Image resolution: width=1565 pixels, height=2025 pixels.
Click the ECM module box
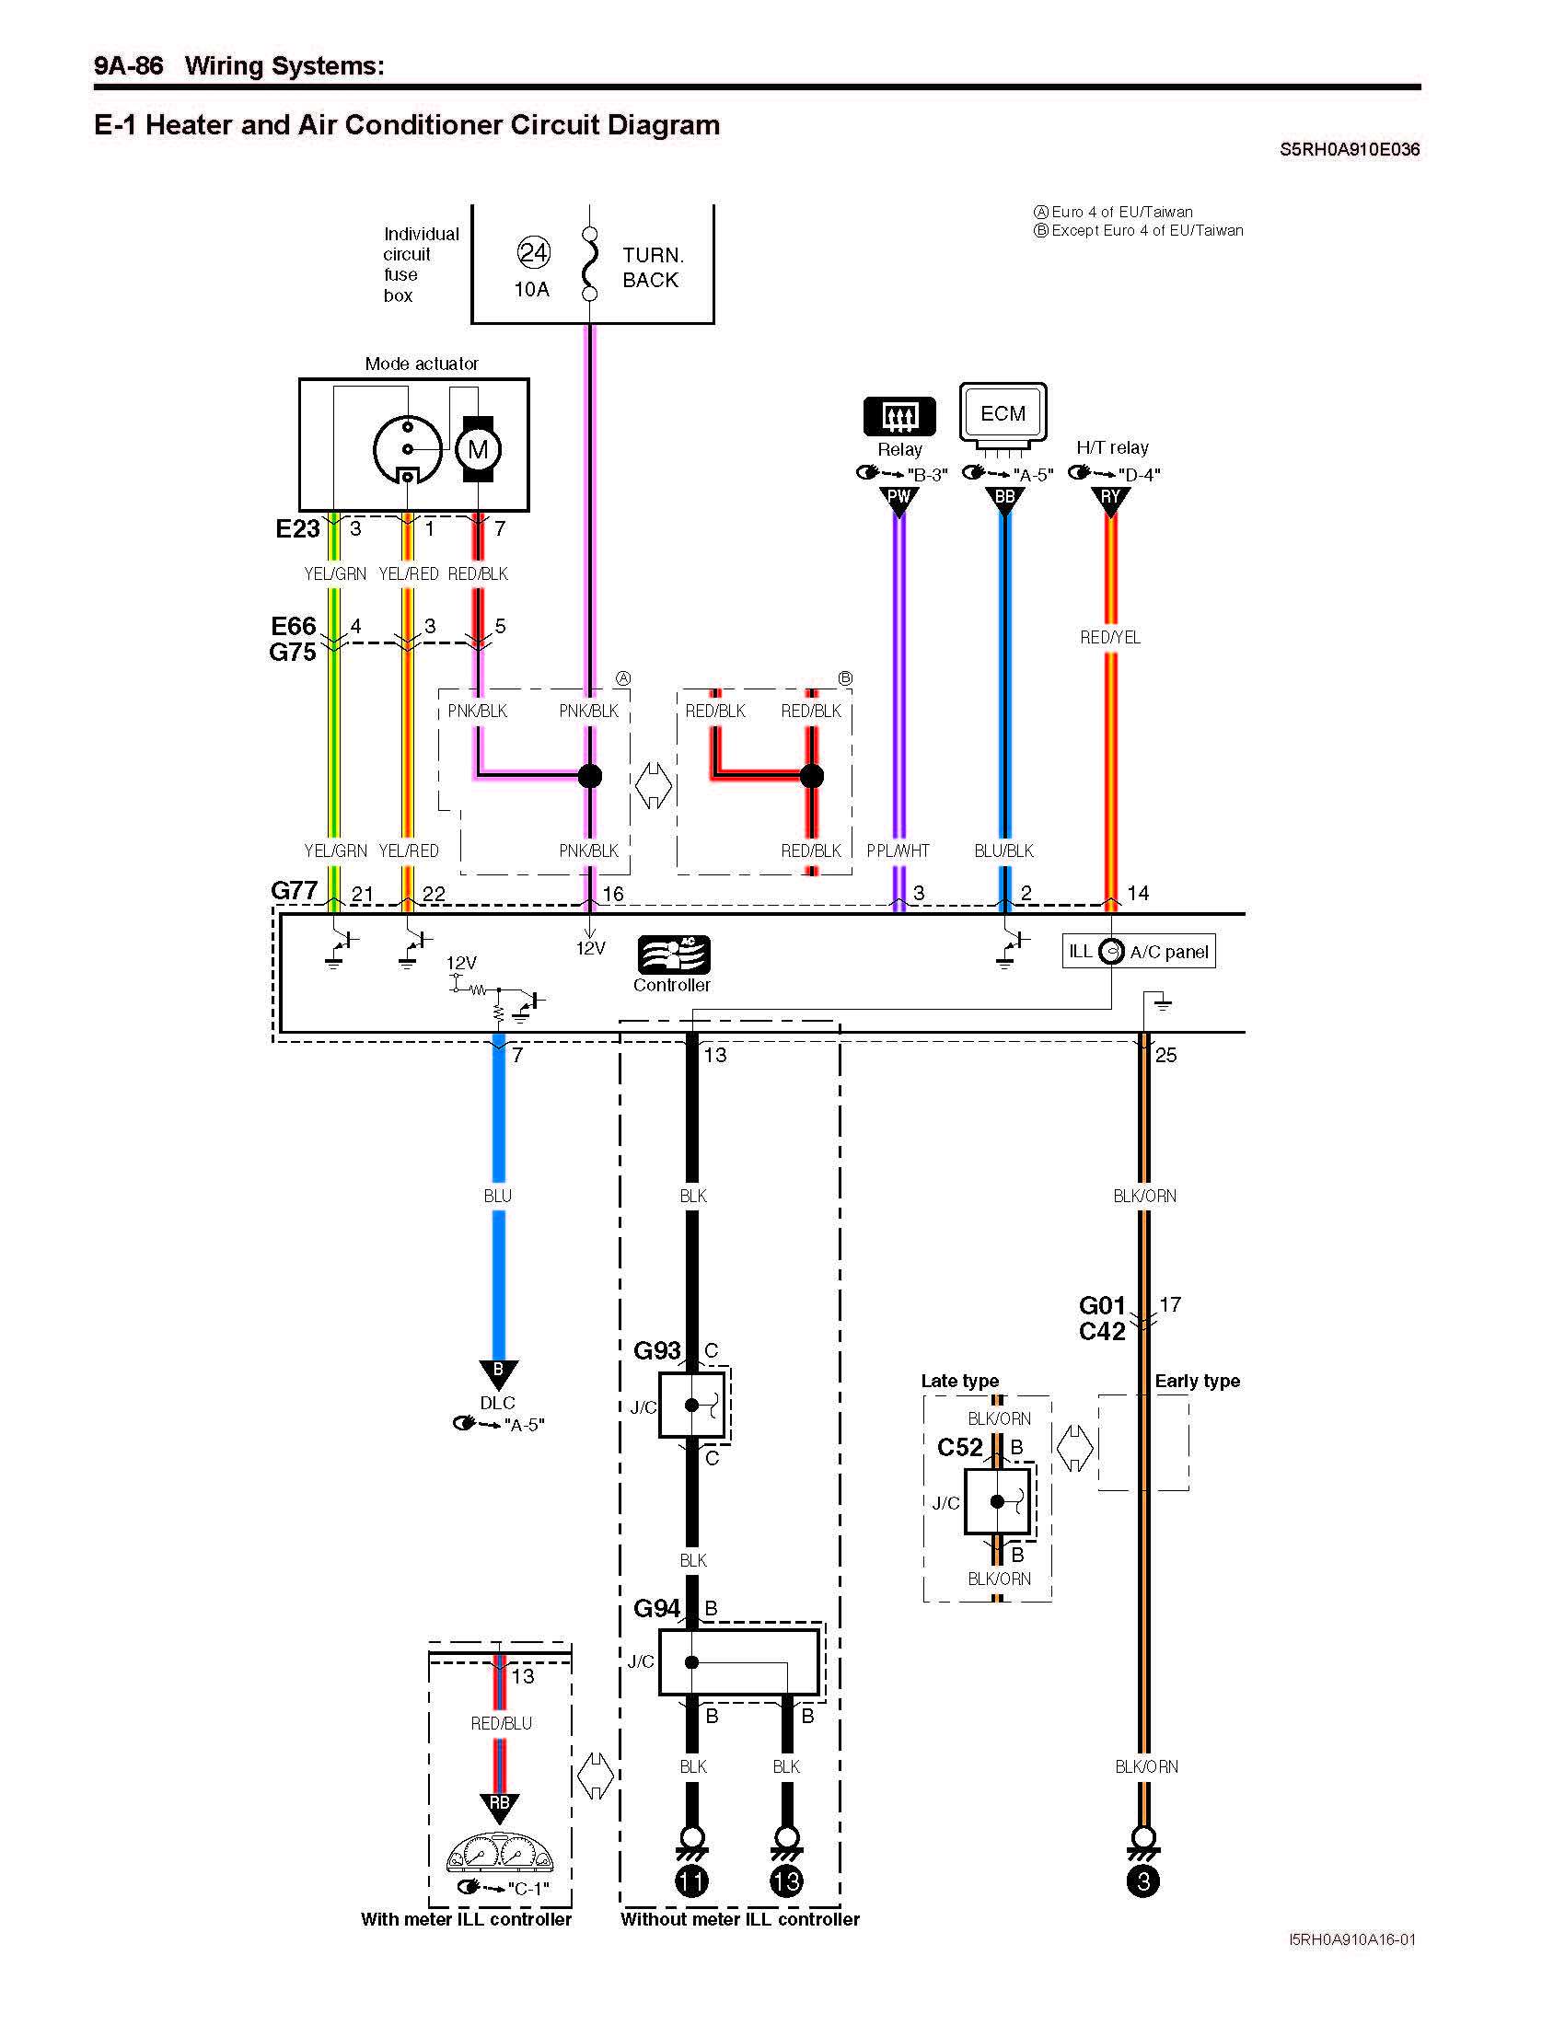pyautogui.click(x=1003, y=413)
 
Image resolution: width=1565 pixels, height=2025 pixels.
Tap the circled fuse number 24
pyautogui.click(x=533, y=252)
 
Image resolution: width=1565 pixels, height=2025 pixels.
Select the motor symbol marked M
pyautogui.click(x=478, y=451)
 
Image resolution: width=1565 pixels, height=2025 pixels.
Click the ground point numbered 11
pyautogui.click(x=691, y=1881)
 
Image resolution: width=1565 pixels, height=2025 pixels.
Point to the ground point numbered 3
pyautogui.click(x=1143, y=1881)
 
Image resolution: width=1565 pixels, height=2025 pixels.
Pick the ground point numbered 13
pyautogui.click(x=786, y=1881)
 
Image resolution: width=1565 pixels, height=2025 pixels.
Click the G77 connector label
pyautogui.click(x=294, y=891)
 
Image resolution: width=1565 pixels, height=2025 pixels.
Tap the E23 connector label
pyautogui.click(x=297, y=528)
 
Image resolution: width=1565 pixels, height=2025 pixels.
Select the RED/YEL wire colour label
pyautogui.click(x=1110, y=638)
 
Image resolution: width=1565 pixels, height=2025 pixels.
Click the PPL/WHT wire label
pyautogui.click(x=898, y=850)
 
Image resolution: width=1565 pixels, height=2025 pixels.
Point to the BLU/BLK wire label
pyautogui.click(x=1004, y=850)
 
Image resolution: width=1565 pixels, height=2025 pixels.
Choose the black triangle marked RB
pyautogui.click(x=499, y=1804)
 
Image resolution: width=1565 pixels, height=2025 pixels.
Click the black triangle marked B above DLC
pyautogui.click(x=498, y=1371)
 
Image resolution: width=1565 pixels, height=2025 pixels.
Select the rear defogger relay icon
pyautogui.click(x=899, y=416)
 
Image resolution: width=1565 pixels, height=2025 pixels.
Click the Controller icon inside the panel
pyautogui.click(x=673, y=955)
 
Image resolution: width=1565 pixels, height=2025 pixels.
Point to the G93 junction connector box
pyautogui.click(x=691, y=1406)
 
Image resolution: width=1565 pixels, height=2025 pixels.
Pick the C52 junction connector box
pyautogui.click(x=998, y=1501)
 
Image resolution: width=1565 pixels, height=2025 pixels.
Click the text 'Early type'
pyautogui.click(x=1197, y=1381)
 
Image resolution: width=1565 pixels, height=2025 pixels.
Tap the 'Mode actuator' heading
pyautogui.click(x=422, y=364)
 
